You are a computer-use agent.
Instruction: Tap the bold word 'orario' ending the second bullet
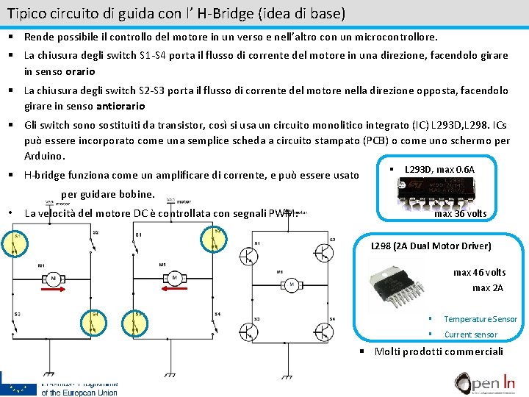[x=80, y=71]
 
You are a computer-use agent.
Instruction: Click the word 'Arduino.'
[x=45, y=156]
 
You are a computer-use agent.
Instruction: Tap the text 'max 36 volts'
[x=460, y=214]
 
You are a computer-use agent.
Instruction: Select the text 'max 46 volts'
[x=479, y=272]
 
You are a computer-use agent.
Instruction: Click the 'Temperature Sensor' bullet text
[x=481, y=319]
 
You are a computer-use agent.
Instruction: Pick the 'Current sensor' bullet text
[x=470, y=335]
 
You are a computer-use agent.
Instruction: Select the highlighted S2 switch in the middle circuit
[x=216, y=237]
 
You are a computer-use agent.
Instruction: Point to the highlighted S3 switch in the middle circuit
[x=137, y=321]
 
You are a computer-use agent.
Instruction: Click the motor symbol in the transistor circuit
[x=292, y=284]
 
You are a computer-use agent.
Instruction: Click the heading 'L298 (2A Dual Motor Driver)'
[x=431, y=246]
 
